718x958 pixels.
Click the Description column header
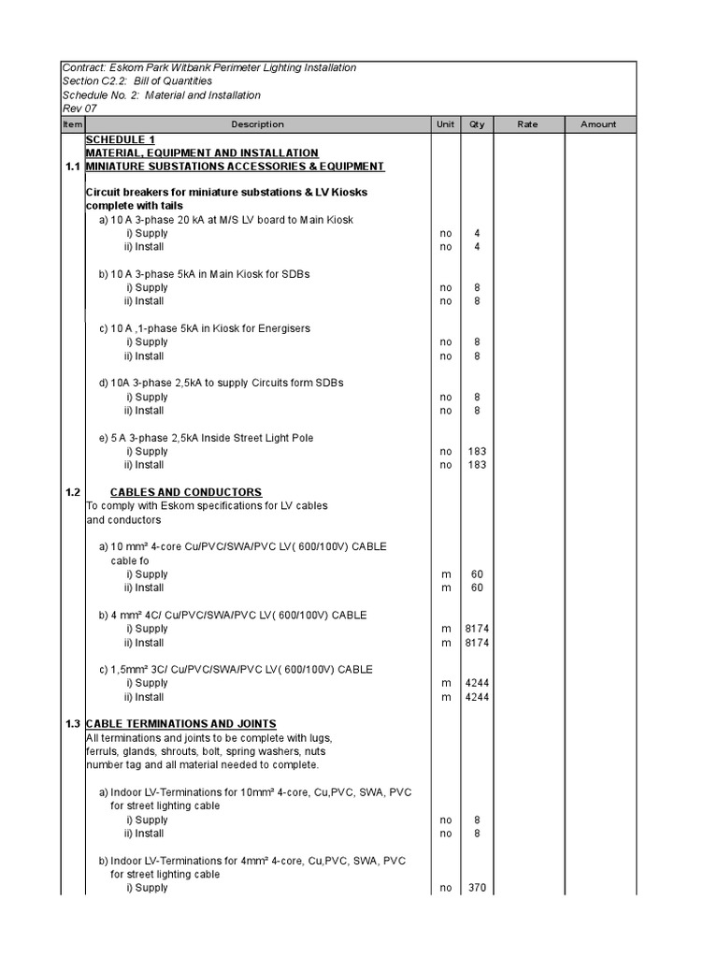coord(257,124)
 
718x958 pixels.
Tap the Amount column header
coord(598,124)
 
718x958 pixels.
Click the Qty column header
coord(477,124)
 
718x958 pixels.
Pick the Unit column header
coord(444,124)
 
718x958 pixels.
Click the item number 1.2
coord(72,492)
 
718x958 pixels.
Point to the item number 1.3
coord(72,724)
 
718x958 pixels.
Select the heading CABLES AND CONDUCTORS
coord(186,492)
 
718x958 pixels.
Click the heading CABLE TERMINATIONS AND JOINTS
coord(180,724)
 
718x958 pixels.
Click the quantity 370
coord(477,888)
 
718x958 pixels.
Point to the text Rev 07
coord(79,109)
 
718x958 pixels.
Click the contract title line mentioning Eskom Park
coord(208,68)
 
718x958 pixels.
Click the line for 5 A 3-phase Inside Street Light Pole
coord(206,438)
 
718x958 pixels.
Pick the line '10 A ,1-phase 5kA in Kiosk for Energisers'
coord(204,328)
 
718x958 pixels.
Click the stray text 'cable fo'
coord(130,560)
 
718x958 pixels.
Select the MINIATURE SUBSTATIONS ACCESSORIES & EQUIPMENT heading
coord(234,167)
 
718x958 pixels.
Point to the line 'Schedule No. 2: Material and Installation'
coord(161,95)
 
